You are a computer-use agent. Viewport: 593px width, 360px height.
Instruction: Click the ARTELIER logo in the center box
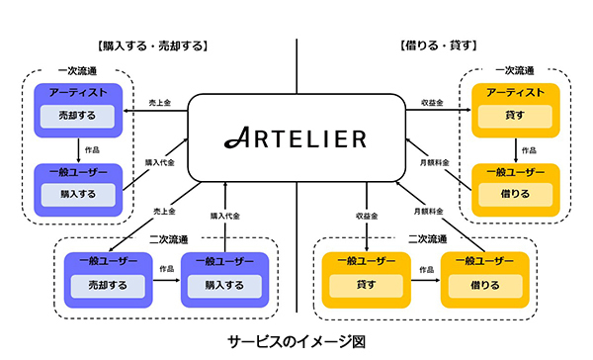coord(296,136)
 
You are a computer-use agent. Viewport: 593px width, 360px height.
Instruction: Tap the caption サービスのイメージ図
coord(297,342)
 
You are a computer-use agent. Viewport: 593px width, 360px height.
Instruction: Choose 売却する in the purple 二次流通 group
coord(107,285)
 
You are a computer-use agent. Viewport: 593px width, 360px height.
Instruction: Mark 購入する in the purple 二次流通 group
coord(225,285)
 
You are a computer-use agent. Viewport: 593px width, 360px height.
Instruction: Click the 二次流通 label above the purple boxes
coord(166,238)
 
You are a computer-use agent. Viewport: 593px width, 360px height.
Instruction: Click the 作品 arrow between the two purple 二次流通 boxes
coord(166,278)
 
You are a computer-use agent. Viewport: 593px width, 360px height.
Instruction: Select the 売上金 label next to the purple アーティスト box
coord(158,103)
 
